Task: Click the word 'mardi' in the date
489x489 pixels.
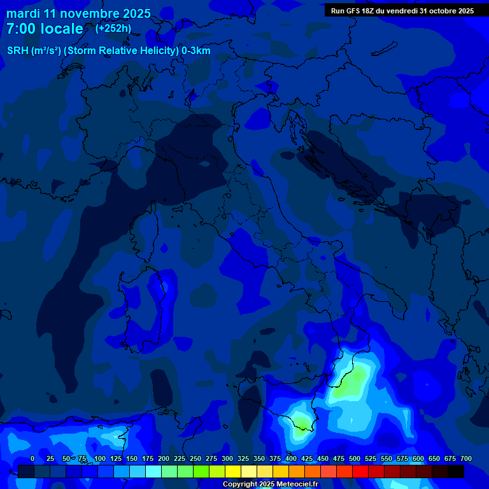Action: pos(23,13)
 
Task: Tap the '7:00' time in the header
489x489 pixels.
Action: pos(21,29)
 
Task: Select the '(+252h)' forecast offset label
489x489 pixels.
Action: pos(113,28)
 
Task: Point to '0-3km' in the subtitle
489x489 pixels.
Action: pos(195,51)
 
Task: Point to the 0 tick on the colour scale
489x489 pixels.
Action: pos(32,458)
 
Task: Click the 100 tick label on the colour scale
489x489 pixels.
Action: pos(99,458)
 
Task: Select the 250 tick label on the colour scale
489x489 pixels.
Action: pos(195,458)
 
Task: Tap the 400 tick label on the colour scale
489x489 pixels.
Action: pos(290,458)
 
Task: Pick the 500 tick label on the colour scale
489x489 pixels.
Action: pos(354,458)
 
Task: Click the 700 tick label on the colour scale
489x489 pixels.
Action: pos(465,458)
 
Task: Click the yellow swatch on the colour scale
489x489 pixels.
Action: pos(233,471)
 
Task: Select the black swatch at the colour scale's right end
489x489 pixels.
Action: pos(456,471)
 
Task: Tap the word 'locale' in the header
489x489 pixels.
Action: pos(61,29)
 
